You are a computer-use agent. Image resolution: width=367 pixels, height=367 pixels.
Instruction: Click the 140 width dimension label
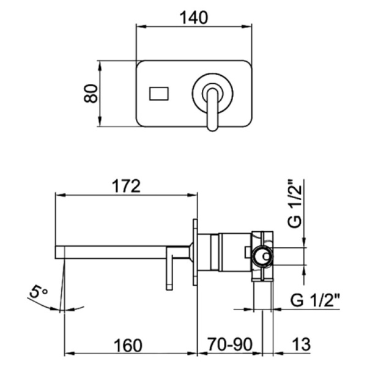[193, 18]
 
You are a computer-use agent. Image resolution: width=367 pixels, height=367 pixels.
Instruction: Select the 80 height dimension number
[91, 94]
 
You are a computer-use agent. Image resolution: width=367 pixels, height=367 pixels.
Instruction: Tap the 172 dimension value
[127, 186]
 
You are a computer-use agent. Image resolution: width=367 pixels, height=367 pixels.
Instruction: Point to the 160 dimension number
[128, 345]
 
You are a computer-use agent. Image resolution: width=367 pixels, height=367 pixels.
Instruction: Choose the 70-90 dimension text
[230, 344]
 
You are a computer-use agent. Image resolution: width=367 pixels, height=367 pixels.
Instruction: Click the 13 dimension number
[301, 344]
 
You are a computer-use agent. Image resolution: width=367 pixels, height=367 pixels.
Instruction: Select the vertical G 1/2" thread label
[294, 204]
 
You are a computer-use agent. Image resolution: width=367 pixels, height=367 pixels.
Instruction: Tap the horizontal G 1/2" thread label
[315, 300]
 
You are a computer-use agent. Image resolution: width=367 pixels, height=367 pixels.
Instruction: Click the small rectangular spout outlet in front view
[159, 94]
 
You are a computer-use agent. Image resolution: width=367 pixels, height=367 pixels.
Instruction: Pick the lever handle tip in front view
[212, 127]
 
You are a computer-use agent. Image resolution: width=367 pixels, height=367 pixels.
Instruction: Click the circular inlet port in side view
[262, 256]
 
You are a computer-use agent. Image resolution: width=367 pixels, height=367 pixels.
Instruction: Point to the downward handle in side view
[169, 269]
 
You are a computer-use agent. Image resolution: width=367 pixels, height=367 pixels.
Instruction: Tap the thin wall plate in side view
[195, 252]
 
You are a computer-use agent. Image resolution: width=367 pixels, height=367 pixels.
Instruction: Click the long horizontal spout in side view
[122, 252]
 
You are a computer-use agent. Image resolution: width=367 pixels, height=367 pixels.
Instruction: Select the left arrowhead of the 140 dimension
[141, 26]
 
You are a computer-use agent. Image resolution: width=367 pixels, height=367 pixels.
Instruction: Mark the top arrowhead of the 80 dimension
[100, 66]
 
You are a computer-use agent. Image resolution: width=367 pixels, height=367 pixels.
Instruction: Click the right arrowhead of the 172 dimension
[193, 195]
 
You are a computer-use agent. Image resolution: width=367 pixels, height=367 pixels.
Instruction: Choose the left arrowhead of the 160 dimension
[70, 353]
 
